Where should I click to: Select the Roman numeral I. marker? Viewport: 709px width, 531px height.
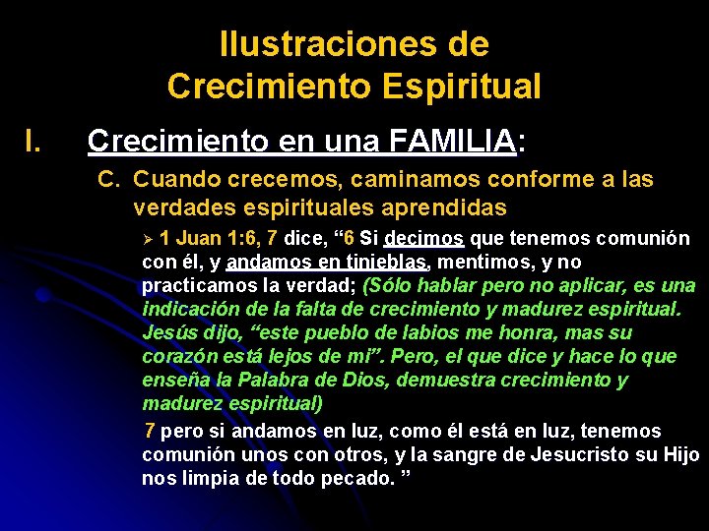pos(33,142)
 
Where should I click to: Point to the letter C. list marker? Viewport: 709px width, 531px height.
pos(109,180)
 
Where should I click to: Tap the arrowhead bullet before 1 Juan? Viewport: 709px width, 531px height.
pos(148,239)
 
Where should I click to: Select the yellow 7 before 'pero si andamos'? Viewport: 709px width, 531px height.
pos(149,432)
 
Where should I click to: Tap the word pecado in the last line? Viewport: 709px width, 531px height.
pos(356,479)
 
